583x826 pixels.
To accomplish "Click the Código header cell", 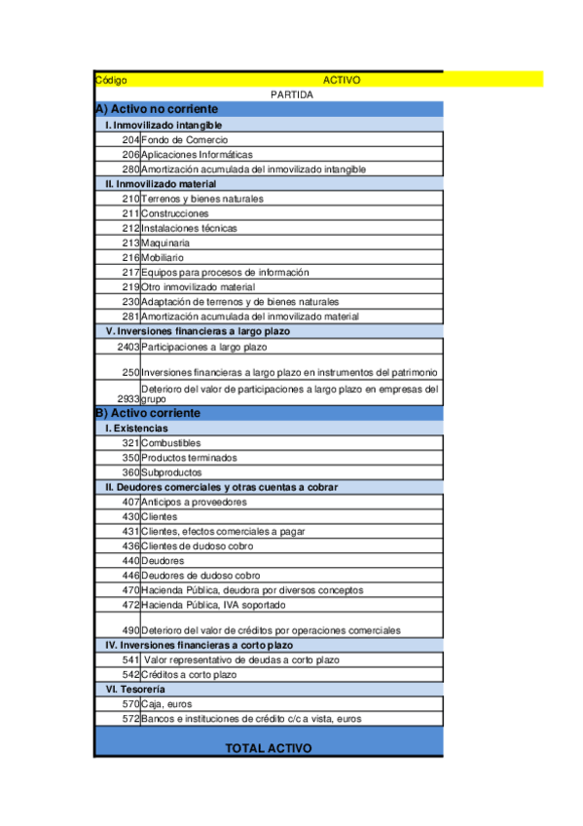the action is (x=111, y=81).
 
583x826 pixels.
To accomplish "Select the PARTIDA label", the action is (x=292, y=94).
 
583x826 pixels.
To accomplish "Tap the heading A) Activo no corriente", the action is (x=157, y=109).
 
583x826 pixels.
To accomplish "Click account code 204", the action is (x=131, y=140).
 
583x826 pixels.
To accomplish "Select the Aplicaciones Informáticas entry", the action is (x=197, y=155).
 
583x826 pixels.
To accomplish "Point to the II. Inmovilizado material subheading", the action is (x=161, y=183).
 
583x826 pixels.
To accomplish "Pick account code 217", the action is (x=131, y=273).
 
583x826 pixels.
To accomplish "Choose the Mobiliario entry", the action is (x=163, y=257).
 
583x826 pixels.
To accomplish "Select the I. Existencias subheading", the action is (x=136, y=428).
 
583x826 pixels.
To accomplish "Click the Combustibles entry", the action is (x=171, y=443).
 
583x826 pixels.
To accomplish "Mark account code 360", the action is (x=131, y=472).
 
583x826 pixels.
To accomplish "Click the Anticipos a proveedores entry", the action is (x=194, y=503).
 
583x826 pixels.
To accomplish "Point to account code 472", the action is (x=131, y=605).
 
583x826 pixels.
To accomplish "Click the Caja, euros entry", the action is (x=166, y=703).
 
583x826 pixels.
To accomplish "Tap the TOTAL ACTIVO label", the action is (x=269, y=748).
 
